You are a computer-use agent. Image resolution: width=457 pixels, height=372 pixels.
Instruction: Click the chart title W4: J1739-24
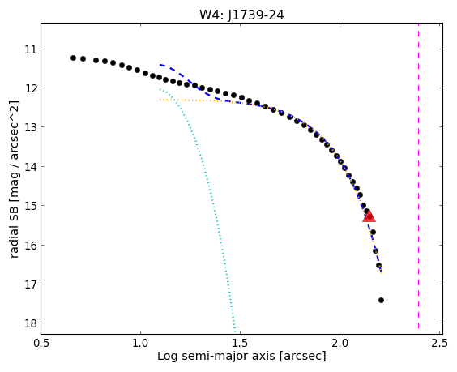click(x=241, y=15)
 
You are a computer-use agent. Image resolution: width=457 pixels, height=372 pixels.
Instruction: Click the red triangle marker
click(x=369, y=216)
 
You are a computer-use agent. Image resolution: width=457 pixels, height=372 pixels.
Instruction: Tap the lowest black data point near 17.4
click(x=381, y=301)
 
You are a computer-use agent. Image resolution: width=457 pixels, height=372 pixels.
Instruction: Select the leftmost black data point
click(x=73, y=58)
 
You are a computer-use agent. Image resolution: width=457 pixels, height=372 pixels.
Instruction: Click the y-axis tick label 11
click(x=31, y=49)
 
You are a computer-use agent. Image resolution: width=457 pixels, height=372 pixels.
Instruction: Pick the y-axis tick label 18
click(x=31, y=323)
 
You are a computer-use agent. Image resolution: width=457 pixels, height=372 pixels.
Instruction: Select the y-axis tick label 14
click(x=31, y=167)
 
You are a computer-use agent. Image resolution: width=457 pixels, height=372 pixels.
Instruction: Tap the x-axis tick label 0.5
click(x=41, y=343)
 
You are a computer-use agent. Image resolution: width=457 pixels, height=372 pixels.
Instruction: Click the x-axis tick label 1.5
click(x=240, y=343)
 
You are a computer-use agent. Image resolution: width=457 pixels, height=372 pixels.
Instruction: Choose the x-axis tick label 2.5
click(x=440, y=343)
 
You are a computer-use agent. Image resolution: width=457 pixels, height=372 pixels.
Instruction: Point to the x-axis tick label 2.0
click(x=340, y=343)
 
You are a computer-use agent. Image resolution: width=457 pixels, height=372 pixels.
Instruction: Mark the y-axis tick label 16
click(x=31, y=246)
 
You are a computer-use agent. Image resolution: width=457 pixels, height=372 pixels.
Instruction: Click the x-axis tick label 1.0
click(x=140, y=343)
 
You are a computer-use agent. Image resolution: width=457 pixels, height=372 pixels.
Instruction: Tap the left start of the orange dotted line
click(x=160, y=100)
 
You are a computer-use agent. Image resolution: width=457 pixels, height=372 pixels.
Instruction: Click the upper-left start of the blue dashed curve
click(x=160, y=64)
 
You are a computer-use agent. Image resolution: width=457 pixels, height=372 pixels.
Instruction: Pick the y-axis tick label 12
click(x=31, y=88)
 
